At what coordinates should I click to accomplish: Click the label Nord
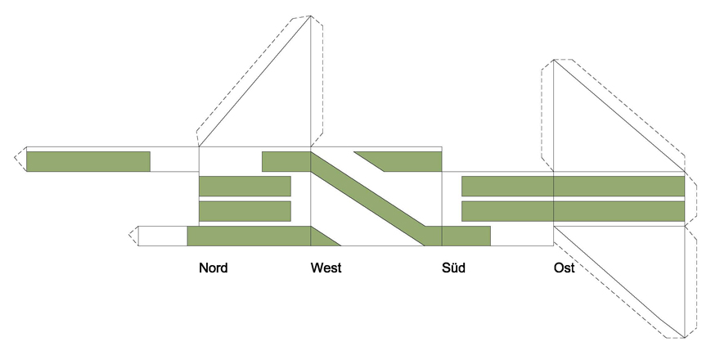coord(213,268)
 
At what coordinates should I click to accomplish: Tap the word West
coord(326,268)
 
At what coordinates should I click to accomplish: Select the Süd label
coord(453,268)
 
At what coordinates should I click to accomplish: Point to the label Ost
coord(565,268)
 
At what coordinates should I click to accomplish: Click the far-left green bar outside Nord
coord(88,161)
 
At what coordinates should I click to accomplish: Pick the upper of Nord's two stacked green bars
coord(245,186)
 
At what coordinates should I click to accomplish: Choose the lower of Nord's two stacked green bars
coord(245,211)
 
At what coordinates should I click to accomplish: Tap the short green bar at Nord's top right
coord(286,161)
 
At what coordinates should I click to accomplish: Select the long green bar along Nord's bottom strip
coord(249,236)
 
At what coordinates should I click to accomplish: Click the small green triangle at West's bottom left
coord(321,239)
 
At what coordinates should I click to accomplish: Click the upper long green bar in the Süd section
coord(507,186)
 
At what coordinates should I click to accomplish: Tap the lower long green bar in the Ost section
coord(619,211)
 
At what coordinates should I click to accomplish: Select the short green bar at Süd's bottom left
coord(466,236)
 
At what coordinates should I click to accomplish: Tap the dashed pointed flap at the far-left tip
coord(20,160)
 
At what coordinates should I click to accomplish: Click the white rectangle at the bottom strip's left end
coord(163,236)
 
